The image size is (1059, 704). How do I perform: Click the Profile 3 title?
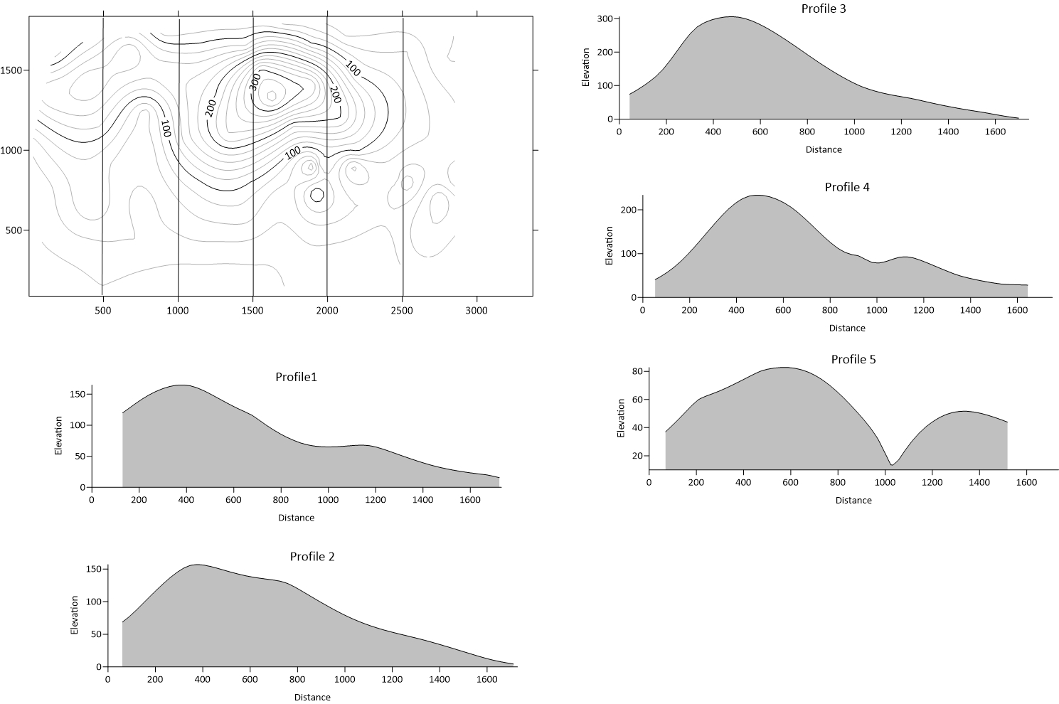[824, 9]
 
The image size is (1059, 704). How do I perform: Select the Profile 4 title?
[847, 187]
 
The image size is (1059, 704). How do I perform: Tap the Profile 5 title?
[853, 359]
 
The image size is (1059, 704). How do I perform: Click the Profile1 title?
[296, 376]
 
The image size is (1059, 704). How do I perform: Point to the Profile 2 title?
[312, 556]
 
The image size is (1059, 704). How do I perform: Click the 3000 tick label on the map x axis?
[477, 310]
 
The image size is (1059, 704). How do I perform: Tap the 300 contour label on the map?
[255, 82]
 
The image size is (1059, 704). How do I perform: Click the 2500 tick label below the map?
[402, 310]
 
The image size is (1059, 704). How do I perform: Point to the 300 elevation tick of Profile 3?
[605, 18]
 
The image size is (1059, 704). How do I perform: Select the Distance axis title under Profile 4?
[847, 328]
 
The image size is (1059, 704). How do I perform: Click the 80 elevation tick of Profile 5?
[637, 371]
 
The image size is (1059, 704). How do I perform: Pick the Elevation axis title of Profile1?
[59, 436]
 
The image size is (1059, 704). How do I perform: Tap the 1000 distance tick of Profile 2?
[345, 679]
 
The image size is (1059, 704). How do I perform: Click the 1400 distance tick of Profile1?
[422, 500]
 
